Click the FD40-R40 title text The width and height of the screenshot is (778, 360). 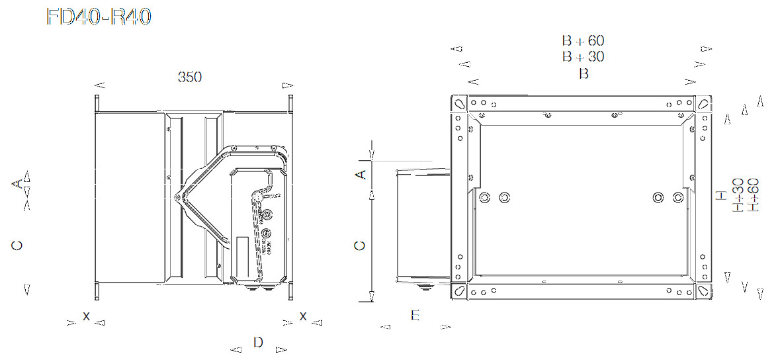[99, 18]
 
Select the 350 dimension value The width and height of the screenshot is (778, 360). [190, 77]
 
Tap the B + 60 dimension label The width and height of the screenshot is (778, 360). [583, 41]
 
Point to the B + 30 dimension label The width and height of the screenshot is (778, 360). [583, 57]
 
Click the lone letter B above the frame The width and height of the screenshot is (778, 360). [583, 74]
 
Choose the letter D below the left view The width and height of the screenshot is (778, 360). [258, 342]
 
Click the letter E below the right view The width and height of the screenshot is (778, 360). [415, 315]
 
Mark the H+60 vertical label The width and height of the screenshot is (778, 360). [753, 195]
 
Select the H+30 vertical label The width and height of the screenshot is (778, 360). [738, 195]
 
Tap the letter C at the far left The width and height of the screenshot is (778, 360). [17, 246]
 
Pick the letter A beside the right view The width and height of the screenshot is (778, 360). [361, 175]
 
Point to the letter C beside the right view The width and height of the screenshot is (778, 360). [361, 246]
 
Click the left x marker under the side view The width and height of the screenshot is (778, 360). [86, 316]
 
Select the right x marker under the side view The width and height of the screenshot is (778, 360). [303, 316]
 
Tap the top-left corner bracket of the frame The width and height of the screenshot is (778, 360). [458, 104]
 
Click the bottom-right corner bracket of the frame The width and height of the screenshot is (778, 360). [703, 291]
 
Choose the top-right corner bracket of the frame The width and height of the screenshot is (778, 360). [703, 104]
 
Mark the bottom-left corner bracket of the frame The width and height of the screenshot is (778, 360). [458, 291]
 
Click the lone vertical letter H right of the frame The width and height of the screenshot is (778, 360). [721, 195]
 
